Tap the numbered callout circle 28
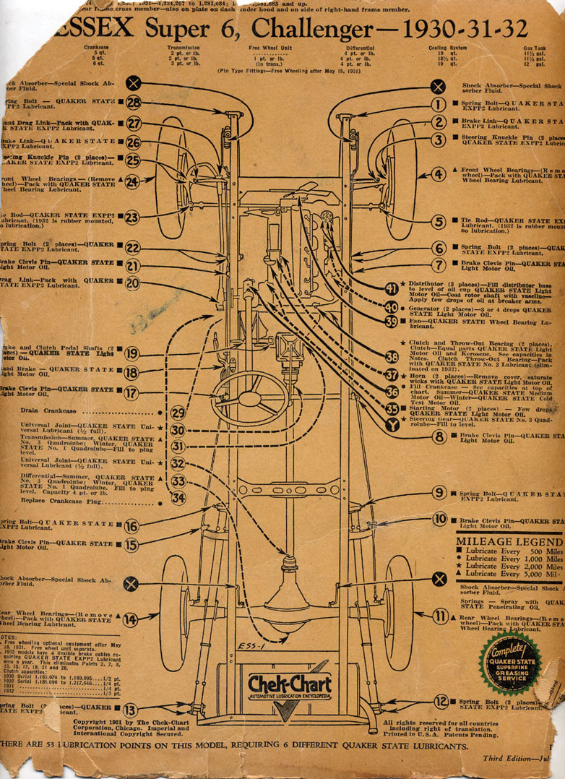coord(133,103)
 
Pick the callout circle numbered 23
coord(131,217)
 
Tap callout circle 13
coord(131,710)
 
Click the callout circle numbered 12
coord(441,701)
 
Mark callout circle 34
coord(178,497)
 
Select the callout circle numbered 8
coord(439,436)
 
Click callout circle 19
coord(131,353)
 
